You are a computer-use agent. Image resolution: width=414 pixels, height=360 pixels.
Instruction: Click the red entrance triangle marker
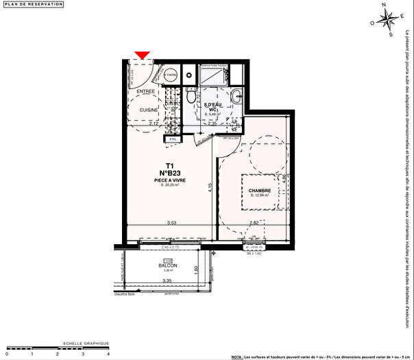tap(143, 55)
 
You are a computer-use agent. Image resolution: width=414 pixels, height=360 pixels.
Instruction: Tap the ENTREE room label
tap(145, 91)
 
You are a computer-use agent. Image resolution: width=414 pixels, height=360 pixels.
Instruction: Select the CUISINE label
tap(149, 110)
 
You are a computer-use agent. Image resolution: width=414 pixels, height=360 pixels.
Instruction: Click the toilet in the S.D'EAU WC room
tap(236, 95)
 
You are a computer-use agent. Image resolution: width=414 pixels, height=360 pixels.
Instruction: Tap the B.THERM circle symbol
tap(171, 75)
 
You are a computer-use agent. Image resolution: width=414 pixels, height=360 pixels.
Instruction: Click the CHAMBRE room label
tap(260, 191)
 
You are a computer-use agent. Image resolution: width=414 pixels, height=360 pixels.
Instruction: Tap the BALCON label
tap(168, 265)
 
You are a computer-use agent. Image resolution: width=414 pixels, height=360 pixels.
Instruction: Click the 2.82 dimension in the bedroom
tap(254, 224)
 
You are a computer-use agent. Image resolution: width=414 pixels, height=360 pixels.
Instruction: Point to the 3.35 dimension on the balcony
tap(167, 281)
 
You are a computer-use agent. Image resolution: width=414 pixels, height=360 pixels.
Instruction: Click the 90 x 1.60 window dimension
tap(255, 252)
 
